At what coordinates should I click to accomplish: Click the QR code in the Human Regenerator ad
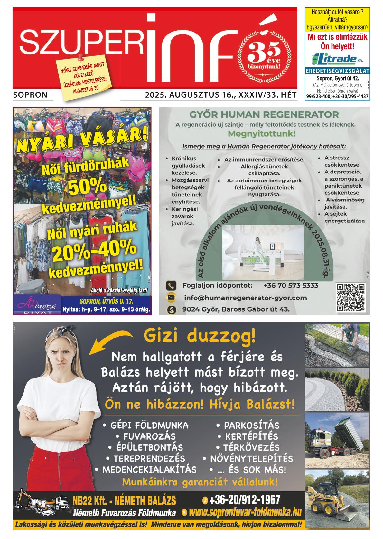350,298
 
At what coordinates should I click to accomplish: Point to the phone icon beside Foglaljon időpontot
171,286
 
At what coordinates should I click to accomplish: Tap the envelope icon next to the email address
171,298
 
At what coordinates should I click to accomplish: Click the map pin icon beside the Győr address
171,309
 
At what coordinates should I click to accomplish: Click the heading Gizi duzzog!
200,337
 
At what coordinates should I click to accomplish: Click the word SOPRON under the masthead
31,95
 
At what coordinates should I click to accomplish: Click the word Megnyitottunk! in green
261,133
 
